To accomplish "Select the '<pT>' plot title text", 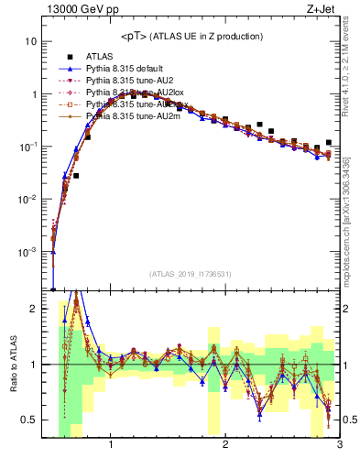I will [191, 36].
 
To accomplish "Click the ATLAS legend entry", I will [100, 57].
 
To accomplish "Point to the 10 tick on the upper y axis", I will [32, 42].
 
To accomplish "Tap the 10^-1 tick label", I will [29, 147].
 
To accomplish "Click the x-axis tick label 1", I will [111, 446].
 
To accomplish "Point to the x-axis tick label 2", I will [225, 446].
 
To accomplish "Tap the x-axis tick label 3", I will [338, 446].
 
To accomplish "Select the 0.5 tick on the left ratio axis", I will [29, 420].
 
